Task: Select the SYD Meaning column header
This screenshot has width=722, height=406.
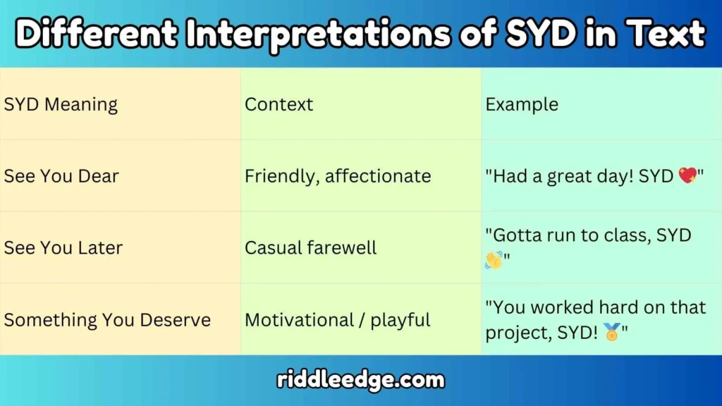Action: (61, 104)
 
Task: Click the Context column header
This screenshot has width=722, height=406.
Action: (279, 104)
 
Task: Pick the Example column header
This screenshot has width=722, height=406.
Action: (522, 104)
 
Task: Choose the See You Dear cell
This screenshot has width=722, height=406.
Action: (61, 176)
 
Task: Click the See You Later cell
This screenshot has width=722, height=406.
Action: (63, 247)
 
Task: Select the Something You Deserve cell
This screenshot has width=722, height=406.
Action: (107, 319)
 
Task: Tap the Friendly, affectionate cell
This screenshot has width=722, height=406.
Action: (338, 176)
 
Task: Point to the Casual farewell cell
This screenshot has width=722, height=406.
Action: (311, 247)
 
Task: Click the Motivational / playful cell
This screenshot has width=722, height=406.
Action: (337, 319)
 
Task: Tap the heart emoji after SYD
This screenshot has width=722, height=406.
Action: (687, 176)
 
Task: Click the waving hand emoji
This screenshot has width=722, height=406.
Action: (494, 261)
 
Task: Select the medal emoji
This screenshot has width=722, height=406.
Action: (611, 331)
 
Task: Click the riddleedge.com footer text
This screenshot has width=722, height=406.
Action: (360, 381)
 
